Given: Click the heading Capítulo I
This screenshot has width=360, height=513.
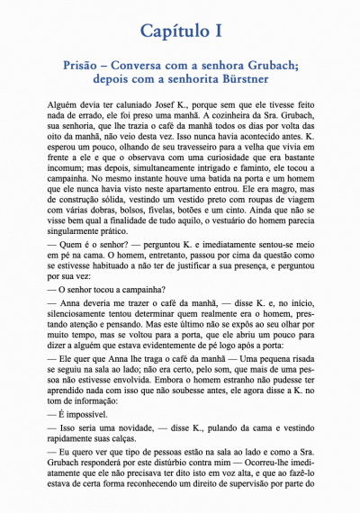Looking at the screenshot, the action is [180, 31].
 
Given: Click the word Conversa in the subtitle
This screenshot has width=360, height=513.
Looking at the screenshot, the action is [146, 66].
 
